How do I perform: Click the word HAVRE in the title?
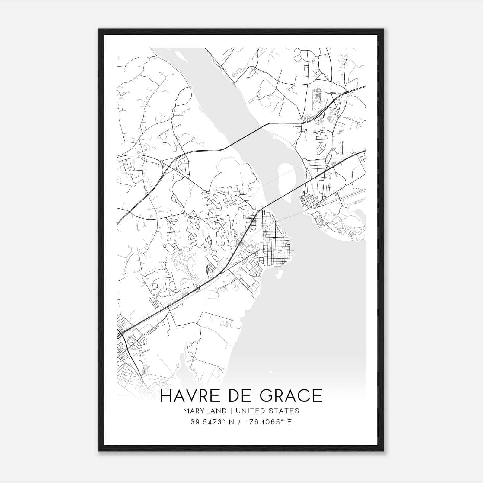[192, 396]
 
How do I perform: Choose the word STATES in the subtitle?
[285, 411]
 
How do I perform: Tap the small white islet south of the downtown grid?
[279, 275]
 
